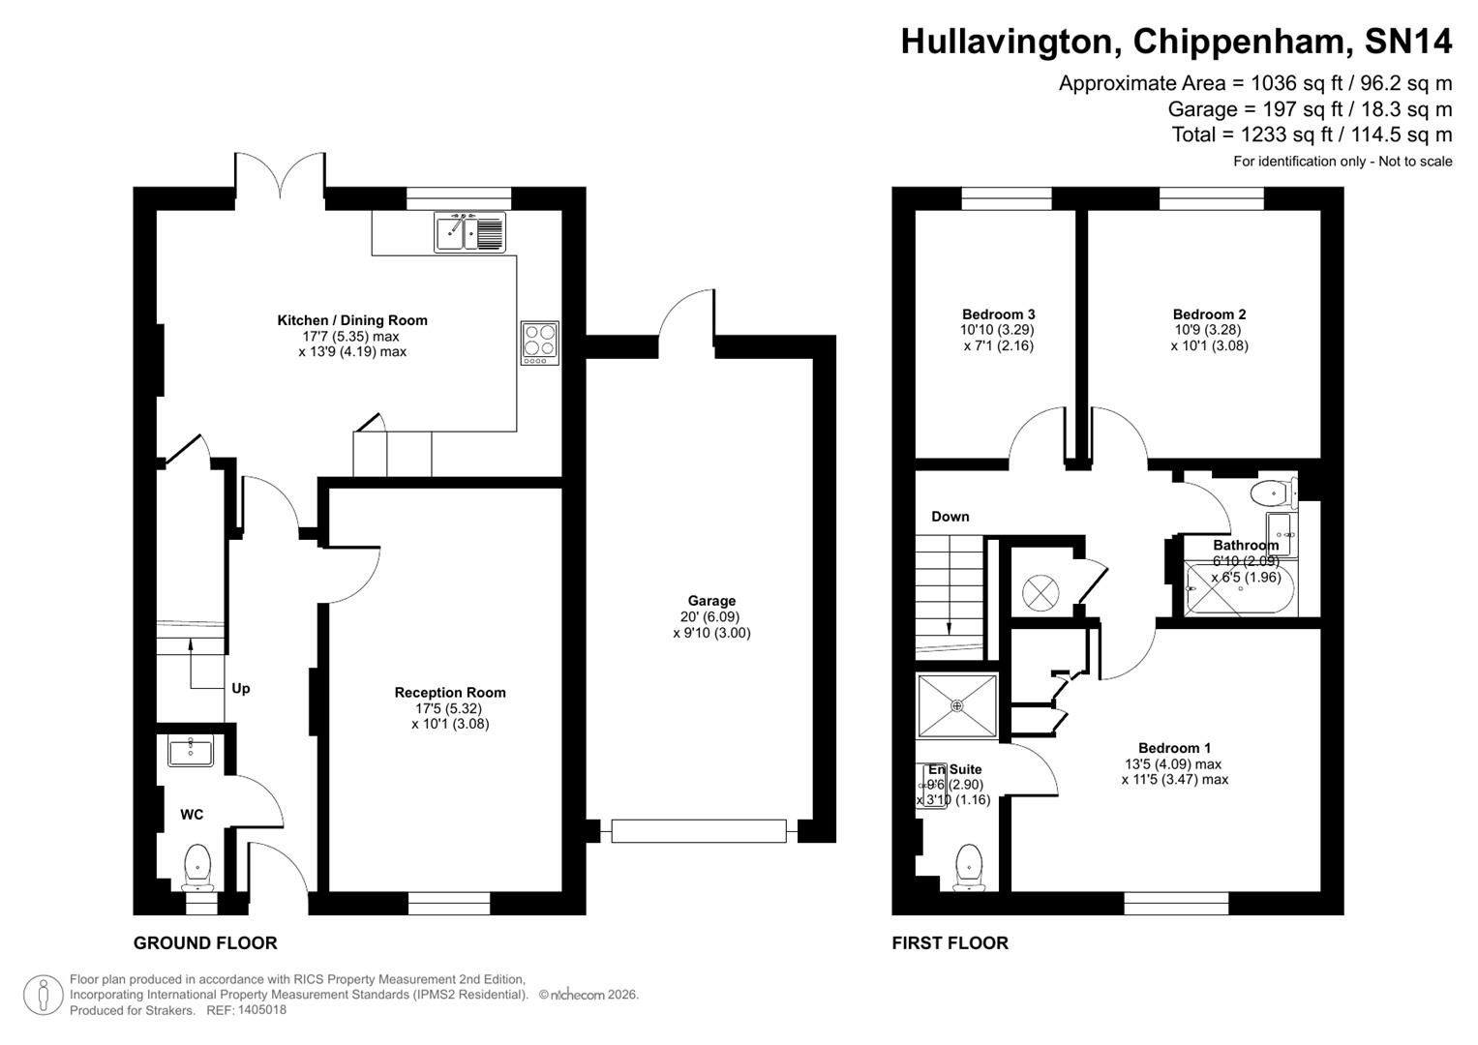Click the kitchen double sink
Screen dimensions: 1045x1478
[x=470, y=232]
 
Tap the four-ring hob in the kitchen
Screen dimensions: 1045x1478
[x=539, y=343]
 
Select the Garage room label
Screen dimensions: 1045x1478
[x=711, y=601]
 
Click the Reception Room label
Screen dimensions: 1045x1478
[x=450, y=692]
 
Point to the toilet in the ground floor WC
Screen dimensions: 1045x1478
[x=197, y=864]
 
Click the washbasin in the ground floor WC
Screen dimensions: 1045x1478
[x=190, y=751]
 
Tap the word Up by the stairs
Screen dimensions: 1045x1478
[x=240, y=688]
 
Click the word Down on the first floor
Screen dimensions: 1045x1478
[x=950, y=516]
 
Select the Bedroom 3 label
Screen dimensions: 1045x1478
[x=998, y=313]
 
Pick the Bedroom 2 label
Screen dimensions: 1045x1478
[x=1209, y=313]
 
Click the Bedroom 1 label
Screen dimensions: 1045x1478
[x=1174, y=747]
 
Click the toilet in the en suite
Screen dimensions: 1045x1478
[x=968, y=864]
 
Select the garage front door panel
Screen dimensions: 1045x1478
[x=698, y=830]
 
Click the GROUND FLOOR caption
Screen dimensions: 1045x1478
[x=205, y=942]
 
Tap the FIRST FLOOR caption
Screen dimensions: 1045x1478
[x=950, y=942]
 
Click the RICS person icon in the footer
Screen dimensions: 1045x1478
[x=44, y=995]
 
